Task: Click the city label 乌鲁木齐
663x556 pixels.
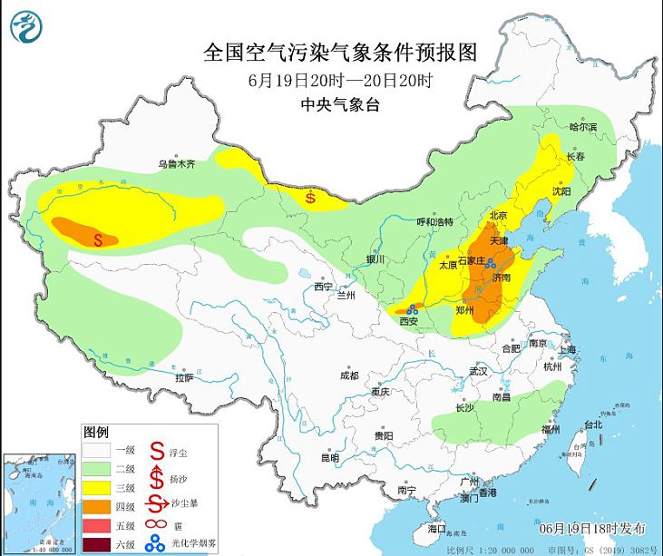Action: [177, 165]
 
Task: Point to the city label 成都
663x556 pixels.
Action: [349, 376]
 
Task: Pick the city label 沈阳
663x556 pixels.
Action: [561, 191]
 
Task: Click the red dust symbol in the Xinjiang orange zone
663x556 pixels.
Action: [99, 239]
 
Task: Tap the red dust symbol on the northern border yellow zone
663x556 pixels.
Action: [310, 195]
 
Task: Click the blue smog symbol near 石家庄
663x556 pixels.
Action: [490, 264]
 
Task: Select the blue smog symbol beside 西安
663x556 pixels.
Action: [411, 309]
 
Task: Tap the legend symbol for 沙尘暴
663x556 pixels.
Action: [157, 505]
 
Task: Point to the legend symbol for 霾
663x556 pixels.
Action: [157, 525]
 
